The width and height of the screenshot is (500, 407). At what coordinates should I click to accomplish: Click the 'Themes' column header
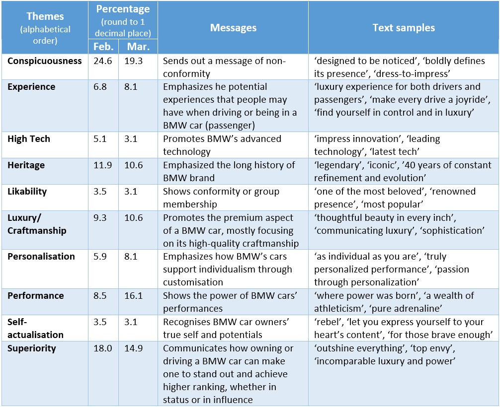pyautogui.click(x=45, y=16)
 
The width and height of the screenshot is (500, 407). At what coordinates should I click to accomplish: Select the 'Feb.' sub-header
pyautogui.click(x=103, y=47)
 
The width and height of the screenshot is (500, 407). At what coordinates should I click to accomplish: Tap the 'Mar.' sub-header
pyautogui.click(x=137, y=47)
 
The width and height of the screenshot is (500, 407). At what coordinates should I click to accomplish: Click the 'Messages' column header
pyautogui.click(x=233, y=28)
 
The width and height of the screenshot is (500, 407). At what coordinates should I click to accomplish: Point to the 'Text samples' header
pyautogui.click(x=404, y=28)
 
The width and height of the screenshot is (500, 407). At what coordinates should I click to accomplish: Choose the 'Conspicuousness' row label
pyautogui.click(x=45, y=61)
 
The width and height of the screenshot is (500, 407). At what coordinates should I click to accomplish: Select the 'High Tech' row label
pyautogui.click(x=29, y=139)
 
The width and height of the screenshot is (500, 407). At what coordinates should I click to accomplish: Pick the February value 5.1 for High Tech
pyautogui.click(x=100, y=139)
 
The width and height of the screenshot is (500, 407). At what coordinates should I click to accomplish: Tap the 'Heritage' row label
pyautogui.click(x=26, y=165)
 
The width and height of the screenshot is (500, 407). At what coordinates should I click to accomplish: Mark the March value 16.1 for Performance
pyautogui.click(x=134, y=296)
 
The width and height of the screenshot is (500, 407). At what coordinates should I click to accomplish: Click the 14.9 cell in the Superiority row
pyautogui.click(x=134, y=348)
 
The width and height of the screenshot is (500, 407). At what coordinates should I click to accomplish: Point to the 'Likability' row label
pyautogui.click(x=28, y=192)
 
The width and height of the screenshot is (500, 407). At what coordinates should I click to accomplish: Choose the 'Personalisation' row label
pyautogui.click(x=41, y=257)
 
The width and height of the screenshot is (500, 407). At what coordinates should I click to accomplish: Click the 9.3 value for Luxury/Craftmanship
pyautogui.click(x=100, y=218)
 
